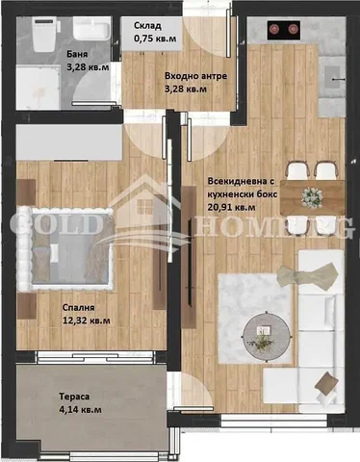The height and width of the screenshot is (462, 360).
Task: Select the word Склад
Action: point(147,26)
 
